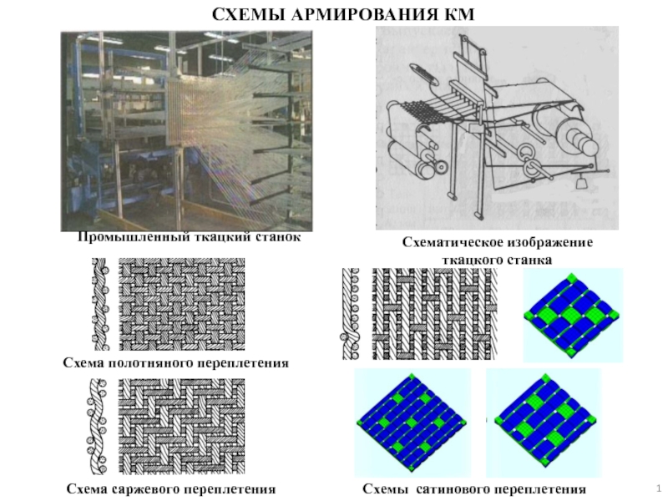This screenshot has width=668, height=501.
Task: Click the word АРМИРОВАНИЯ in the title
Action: pyautogui.click(x=364, y=15)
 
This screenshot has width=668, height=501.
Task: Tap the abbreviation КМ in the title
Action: pyautogui.click(x=458, y=15)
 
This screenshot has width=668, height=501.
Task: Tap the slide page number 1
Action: pyautogui.click(x=659, y=488)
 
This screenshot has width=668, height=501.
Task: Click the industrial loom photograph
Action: pyautogui.click(x=186, y=131)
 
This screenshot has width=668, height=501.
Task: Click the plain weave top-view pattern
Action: pyautogui.click(x=181, y=304)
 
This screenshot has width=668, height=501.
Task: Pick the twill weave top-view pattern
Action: pyautogui.click(x=181, y=426)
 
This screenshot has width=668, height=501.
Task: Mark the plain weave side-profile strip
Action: pyautogui.click(x=100, y=304)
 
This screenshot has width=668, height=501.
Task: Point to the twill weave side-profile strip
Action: pyautogui.click(x=97, y=427)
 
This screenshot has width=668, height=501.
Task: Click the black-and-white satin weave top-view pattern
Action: pyautogui.click(x=435, y=314)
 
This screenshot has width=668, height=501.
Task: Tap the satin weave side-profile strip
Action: pyautogui.click(x=351, y=314)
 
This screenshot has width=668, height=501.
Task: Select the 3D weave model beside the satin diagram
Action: pyautogui.click(x=573, y=316)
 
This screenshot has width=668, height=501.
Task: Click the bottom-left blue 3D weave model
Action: pyautogui.click(x=412, y=423)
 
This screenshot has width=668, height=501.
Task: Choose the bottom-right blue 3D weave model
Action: pyautogui.click(x=544, y=423)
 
